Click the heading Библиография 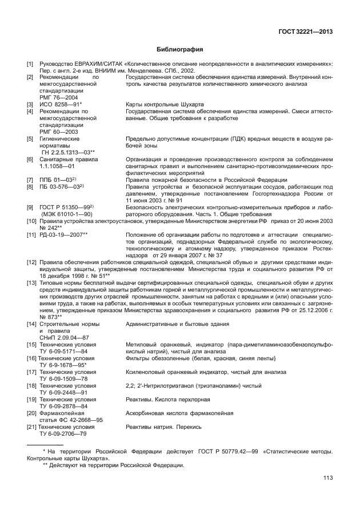click(180, 50)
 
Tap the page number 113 click(327, 478)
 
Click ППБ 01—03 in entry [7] click(57, 180)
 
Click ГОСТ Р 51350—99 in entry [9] click(65, 206)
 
